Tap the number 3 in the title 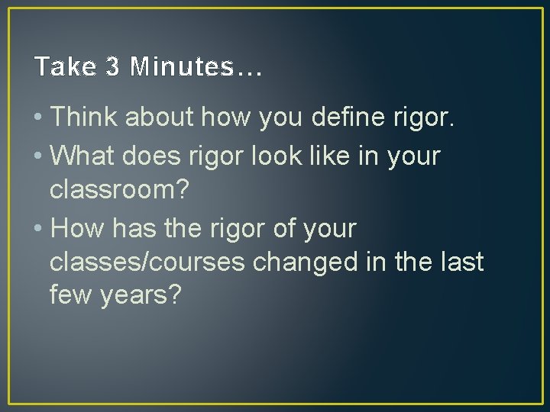113,67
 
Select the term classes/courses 147,262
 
